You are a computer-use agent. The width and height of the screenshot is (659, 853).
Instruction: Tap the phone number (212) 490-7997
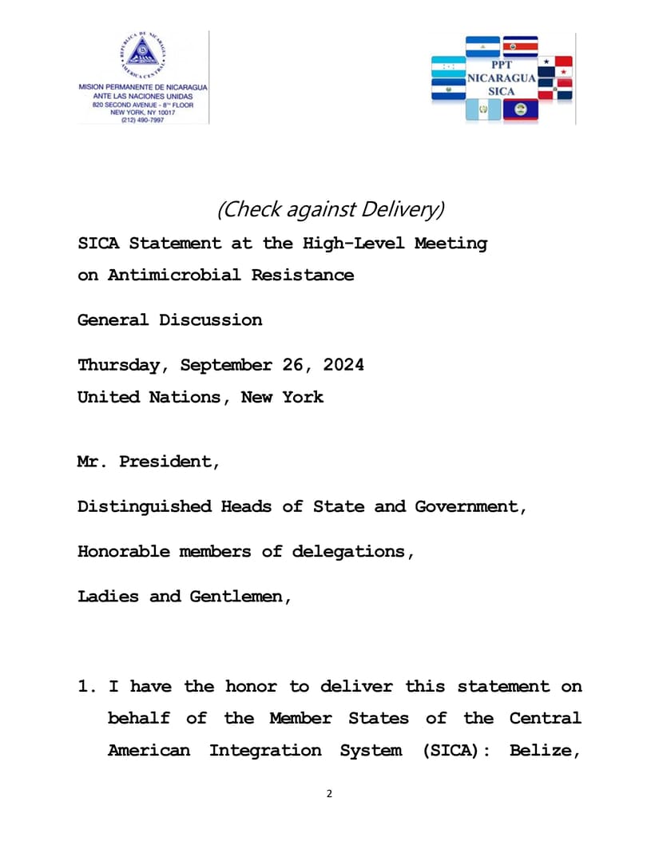[143, 120]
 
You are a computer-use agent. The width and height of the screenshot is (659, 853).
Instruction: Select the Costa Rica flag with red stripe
[520, 46]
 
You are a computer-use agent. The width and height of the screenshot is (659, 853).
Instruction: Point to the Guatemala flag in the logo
[482, 110]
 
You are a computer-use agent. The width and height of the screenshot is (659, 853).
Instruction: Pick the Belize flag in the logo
[520, 110]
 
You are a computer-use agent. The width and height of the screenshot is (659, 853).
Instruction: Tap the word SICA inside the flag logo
[501, 91]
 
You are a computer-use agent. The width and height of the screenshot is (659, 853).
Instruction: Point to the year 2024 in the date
[343, 365]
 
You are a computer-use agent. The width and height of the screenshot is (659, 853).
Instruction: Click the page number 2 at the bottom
[329, 794]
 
